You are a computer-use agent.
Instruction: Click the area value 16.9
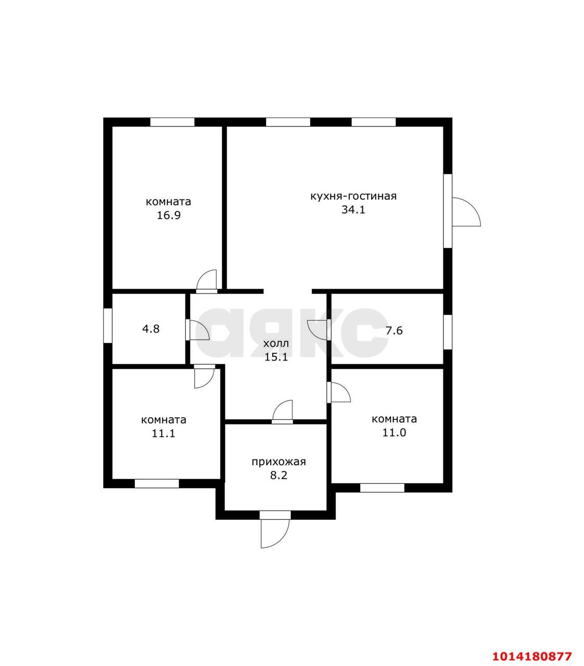point(168,215)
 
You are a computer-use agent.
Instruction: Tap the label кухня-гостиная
point(353,196)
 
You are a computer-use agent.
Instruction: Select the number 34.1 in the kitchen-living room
point(353,210)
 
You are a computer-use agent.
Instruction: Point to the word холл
point(276,343)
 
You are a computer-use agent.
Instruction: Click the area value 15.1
point(276,357)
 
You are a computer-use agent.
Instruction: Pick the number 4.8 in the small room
point(151,329)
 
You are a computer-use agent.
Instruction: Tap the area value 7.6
point(394,330)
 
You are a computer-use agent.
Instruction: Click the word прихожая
point(279,462)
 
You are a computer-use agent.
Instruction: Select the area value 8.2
point(279,476)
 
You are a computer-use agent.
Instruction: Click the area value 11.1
point(163,433)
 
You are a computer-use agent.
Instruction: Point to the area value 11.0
point(394,432)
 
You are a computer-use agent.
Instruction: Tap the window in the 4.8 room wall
point(108,326)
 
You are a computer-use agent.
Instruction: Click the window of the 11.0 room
point(382,488)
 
